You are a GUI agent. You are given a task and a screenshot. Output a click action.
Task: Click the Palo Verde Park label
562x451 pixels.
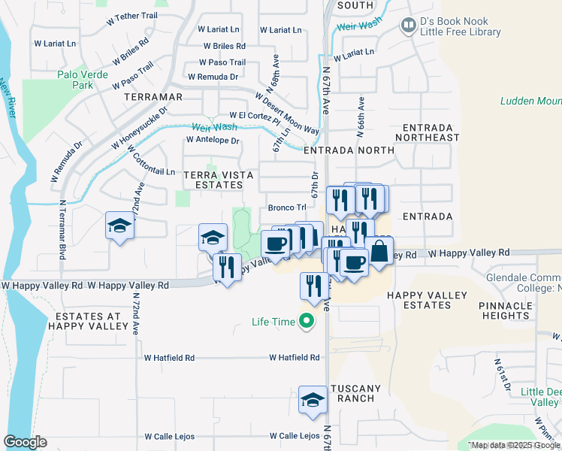(x=82, y=80)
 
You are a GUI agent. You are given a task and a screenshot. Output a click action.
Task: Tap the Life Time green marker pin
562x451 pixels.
(x=306, y=322)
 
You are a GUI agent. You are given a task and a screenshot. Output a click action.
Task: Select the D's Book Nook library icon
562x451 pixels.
(x=408, y=26)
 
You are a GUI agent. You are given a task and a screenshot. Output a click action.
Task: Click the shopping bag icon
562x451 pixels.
(x=380, y=252)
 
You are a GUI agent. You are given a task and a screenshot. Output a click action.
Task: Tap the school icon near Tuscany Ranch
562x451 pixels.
(x=313, y=400)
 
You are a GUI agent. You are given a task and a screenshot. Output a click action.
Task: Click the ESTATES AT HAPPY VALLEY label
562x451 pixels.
(x=87, y=319)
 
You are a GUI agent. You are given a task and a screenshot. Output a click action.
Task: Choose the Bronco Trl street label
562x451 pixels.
(x=287, y=207)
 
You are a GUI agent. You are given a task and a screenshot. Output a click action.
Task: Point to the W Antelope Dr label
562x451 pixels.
(x=212, y=140)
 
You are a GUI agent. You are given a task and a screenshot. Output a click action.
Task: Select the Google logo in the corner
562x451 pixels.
(x=25, y=442)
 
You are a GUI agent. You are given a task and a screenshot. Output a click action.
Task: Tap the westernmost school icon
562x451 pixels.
(x=119, y=226)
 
